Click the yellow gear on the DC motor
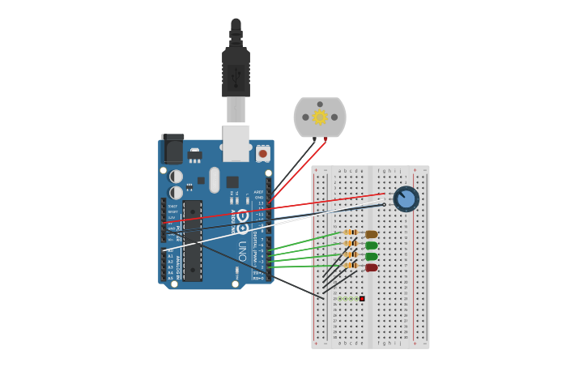pyautogui.click(x=320, y=117)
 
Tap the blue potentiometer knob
pyautogui.click(x=406, y=198)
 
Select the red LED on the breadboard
pyautogui.click(x=371, y=267)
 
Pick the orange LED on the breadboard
pyautogui.click(x=371, y=234)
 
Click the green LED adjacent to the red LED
pyautogui.click(x=371, y=256)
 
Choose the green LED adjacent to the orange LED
pyautogui.click(x=371, y=245)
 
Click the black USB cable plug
pyautogui.click(x=236, y=73)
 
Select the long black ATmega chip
pyautogui.click(x=193, y=241)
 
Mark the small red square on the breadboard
pyautogui.click(x=362, y=299)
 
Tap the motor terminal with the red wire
pyautogui.click(x=325, y=139)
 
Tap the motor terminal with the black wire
pyautogui.click(x=315, y=139)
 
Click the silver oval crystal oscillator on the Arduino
pyautogui.click(x=215, y=180)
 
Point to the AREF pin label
pyautogui.click(x=259, y=192)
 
